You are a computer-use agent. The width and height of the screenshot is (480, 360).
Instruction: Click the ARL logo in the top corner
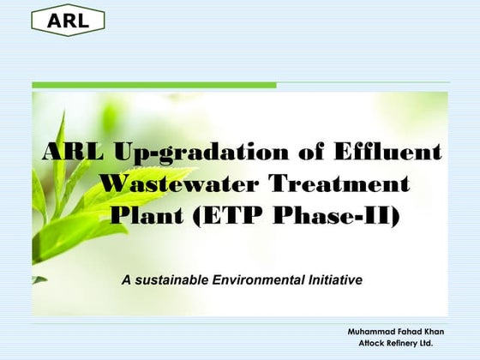point(68,21)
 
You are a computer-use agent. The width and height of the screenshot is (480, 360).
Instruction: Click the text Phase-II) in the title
point(335,214)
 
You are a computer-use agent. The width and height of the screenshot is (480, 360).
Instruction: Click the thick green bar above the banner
point(154,85)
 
